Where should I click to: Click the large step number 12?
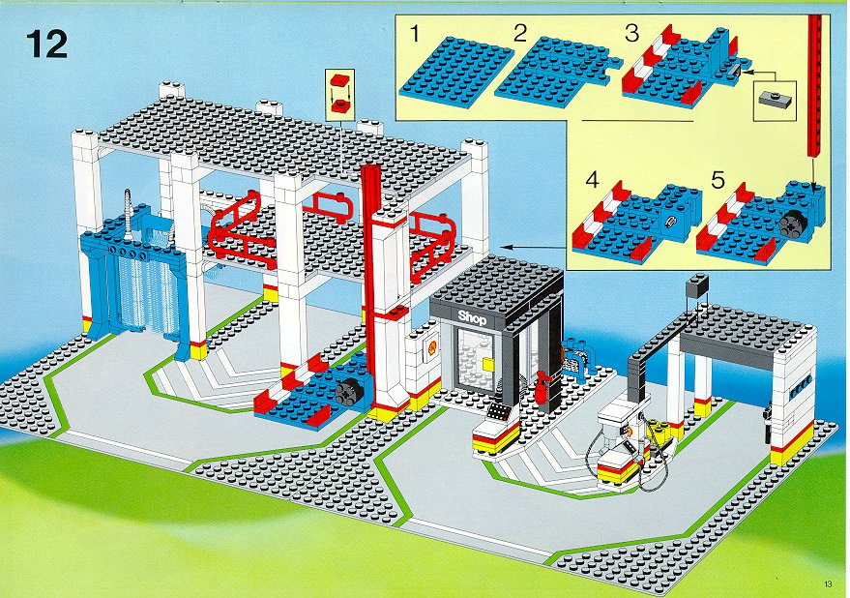[46, 44]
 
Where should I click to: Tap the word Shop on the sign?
[472, 318]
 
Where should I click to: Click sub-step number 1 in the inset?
[415, 34]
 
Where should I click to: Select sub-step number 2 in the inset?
[520, 33]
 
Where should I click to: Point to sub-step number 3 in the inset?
[632, 33]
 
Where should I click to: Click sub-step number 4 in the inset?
[593, 180]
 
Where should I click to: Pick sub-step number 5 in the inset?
[718, 180]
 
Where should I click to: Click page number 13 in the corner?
[827, 583]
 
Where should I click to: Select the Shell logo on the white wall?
[432, 347]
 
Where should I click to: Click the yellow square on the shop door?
[488, 364]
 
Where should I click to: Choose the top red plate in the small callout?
[339, 79]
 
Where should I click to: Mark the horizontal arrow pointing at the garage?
[534, 247]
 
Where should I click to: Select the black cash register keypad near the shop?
[498, 412]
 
